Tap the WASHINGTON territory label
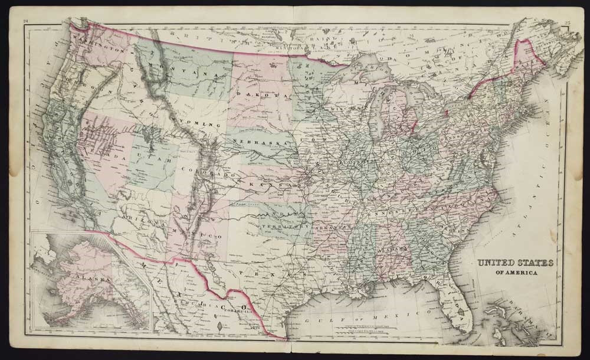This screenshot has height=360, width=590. click(97, 51)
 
